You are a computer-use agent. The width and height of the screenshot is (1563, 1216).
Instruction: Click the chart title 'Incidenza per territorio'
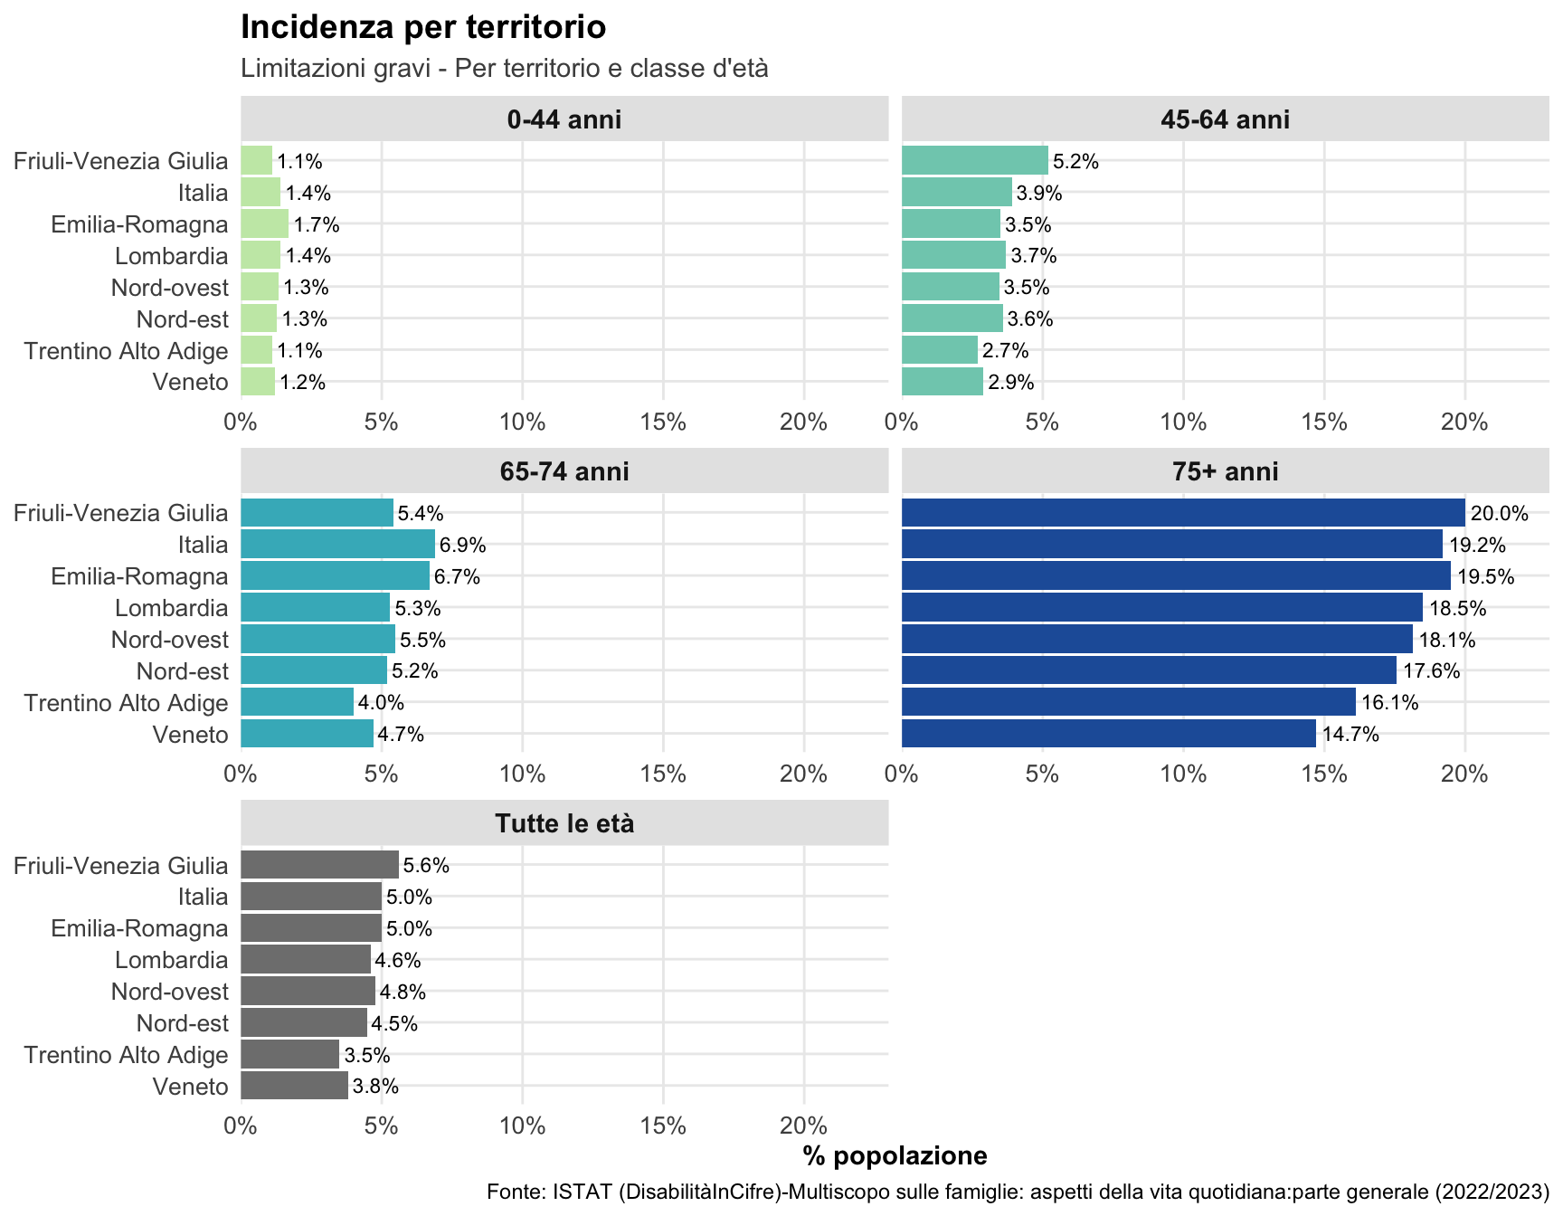pos(422,27)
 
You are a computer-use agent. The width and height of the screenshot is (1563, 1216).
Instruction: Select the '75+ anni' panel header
pos(1225,471)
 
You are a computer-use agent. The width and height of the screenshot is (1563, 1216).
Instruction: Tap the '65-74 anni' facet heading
pos(564,471)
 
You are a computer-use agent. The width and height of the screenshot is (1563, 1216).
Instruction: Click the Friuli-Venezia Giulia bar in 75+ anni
pos(1183,513)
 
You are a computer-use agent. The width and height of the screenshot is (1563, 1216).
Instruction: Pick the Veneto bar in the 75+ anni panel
pos(1109,734)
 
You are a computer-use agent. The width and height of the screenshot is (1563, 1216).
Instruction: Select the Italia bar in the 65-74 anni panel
pos(338,545)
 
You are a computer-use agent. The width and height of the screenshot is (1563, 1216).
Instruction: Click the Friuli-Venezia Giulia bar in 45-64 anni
pos(975,161)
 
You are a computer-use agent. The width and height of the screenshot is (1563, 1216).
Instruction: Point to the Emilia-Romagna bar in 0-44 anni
pos(264,223)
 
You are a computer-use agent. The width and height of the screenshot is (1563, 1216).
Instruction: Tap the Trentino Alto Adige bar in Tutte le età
pos(289,1054)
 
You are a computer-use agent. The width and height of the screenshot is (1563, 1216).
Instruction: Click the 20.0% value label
pos(1499,514)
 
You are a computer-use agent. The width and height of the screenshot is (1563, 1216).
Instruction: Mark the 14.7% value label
pos(1350,735)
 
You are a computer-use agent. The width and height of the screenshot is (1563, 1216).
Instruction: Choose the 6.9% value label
pos(463,546)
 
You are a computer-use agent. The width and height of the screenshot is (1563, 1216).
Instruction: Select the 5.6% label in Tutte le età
pos(426,866)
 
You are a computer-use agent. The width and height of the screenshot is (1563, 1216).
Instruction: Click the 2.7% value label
pos(1006,351)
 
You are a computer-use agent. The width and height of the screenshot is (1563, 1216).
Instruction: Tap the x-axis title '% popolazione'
pos(895,1155)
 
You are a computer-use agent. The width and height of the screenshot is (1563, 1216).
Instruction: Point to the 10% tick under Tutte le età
pos(522,1126)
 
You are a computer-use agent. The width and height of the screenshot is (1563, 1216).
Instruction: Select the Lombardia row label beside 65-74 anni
pos(172,608)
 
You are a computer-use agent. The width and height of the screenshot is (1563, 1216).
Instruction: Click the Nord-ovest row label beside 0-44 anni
pos(170,288)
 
